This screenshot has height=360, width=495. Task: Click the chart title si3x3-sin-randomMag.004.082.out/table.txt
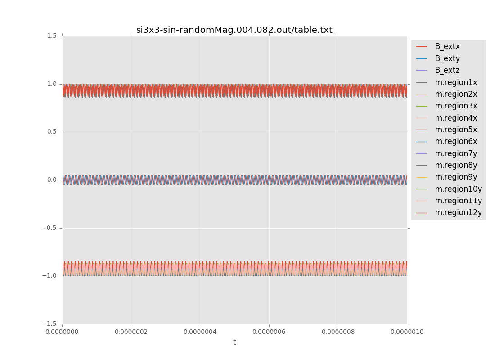[x=234, y=30]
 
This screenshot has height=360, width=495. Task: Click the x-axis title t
[x=234, y=342]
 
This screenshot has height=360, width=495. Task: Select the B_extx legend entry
[x=447, y=46]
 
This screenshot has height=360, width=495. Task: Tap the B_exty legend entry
[x=447, y=58]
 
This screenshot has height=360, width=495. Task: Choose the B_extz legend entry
[x=447, y=70]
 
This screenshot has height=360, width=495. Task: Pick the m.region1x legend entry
[x=456, y=82]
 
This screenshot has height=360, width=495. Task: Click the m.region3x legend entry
[x=456, y=106]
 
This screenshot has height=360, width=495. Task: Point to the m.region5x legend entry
[x=456, y=130]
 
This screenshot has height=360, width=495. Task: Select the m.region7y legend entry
[x=456, y=153]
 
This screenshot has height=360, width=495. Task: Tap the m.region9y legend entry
[x=456, y=177]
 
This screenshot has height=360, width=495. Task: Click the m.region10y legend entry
[x=458, y=189]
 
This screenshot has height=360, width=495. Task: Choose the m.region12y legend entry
[x=458, y=212]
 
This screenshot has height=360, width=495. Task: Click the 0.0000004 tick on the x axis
[x=200, y=332]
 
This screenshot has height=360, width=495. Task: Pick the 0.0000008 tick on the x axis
[x=338, y=332]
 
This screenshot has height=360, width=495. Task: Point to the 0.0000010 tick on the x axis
[x=407, y=332]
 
